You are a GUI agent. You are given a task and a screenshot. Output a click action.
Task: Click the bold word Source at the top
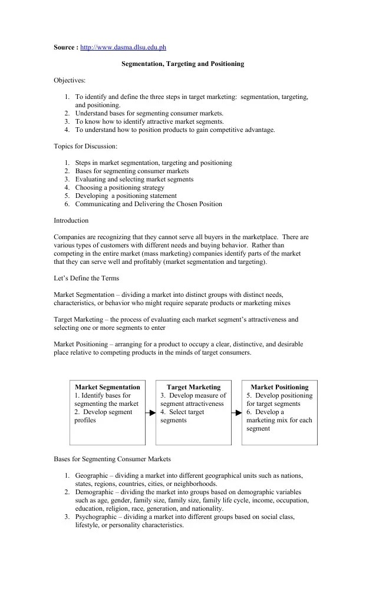(x=64, y=47)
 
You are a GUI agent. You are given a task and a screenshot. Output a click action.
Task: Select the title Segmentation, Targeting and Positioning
(x=182, y=64)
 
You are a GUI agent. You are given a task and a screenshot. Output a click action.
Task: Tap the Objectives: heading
(x=70, y=80)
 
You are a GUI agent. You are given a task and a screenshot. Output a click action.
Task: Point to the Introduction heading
(x=71, y=220)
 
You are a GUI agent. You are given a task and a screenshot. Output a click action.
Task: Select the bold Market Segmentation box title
(x=107, y=387)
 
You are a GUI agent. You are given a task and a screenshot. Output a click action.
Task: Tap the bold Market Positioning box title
(x=280, y=387)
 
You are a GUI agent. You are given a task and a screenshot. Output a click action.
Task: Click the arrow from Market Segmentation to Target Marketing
(x=150, y=413)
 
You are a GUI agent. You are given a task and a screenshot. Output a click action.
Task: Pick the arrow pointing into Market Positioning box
(x=237, y=413)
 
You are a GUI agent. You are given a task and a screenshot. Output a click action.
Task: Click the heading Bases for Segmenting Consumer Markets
(x=112, y=459)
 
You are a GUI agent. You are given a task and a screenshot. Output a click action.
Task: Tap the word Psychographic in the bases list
(x=96, y=517)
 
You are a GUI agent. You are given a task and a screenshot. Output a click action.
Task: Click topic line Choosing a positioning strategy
(x=120, y=187)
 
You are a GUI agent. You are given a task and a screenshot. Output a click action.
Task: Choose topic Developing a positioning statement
(x=126, y=196)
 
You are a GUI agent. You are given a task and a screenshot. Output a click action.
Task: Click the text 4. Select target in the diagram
(x=182, y=412)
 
